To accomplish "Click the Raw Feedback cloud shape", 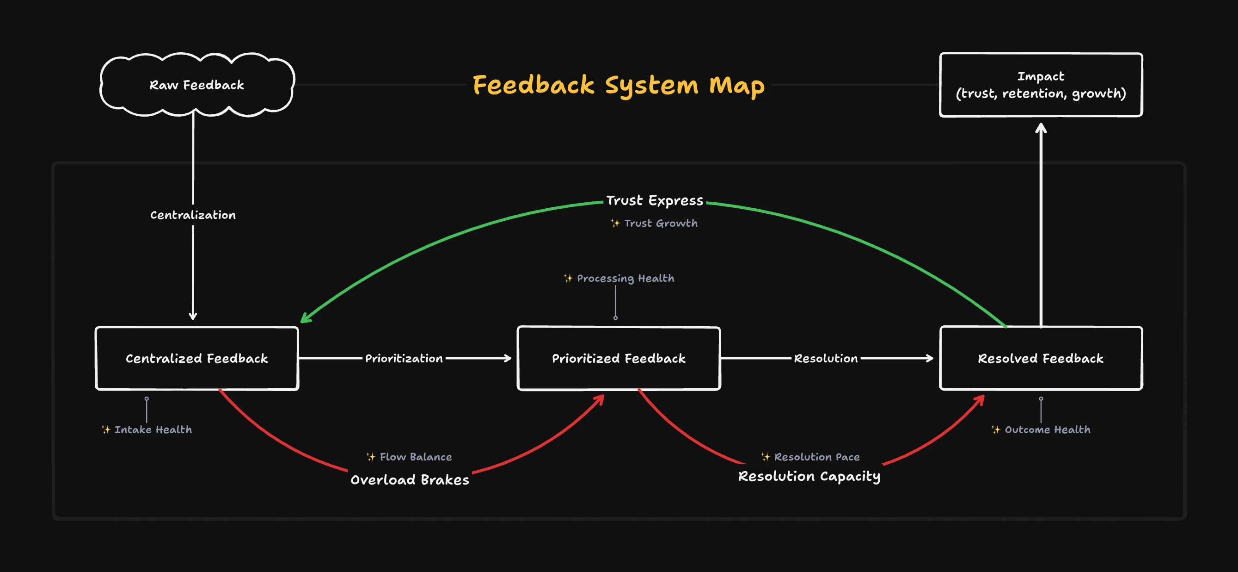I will click(196, 85).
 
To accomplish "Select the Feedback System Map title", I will click(619, 85).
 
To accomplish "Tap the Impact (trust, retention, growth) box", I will click(1041, 85).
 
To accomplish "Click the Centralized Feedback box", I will click(196, 358).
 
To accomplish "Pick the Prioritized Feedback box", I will click(619, 358).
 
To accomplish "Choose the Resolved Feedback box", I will click(1041, 358).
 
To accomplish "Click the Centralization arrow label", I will click(193, 215).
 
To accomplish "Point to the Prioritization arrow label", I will click(404, 358).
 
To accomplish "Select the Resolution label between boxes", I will click(825, 358).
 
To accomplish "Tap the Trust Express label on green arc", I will click(655, 200).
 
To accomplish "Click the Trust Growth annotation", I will click(655, 223).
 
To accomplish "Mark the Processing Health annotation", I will click(619, 279).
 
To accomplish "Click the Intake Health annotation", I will click(147, 429).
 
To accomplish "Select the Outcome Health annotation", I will click(1041, 429).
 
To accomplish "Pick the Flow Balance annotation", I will click(410, 457).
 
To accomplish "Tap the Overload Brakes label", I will click(410, 479).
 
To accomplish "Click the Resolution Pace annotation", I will click(810, 457).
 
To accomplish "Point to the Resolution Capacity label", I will click(809, 476).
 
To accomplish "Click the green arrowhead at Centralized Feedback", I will click(304, 319).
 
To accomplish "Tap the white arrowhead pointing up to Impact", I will click(1041, 128).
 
